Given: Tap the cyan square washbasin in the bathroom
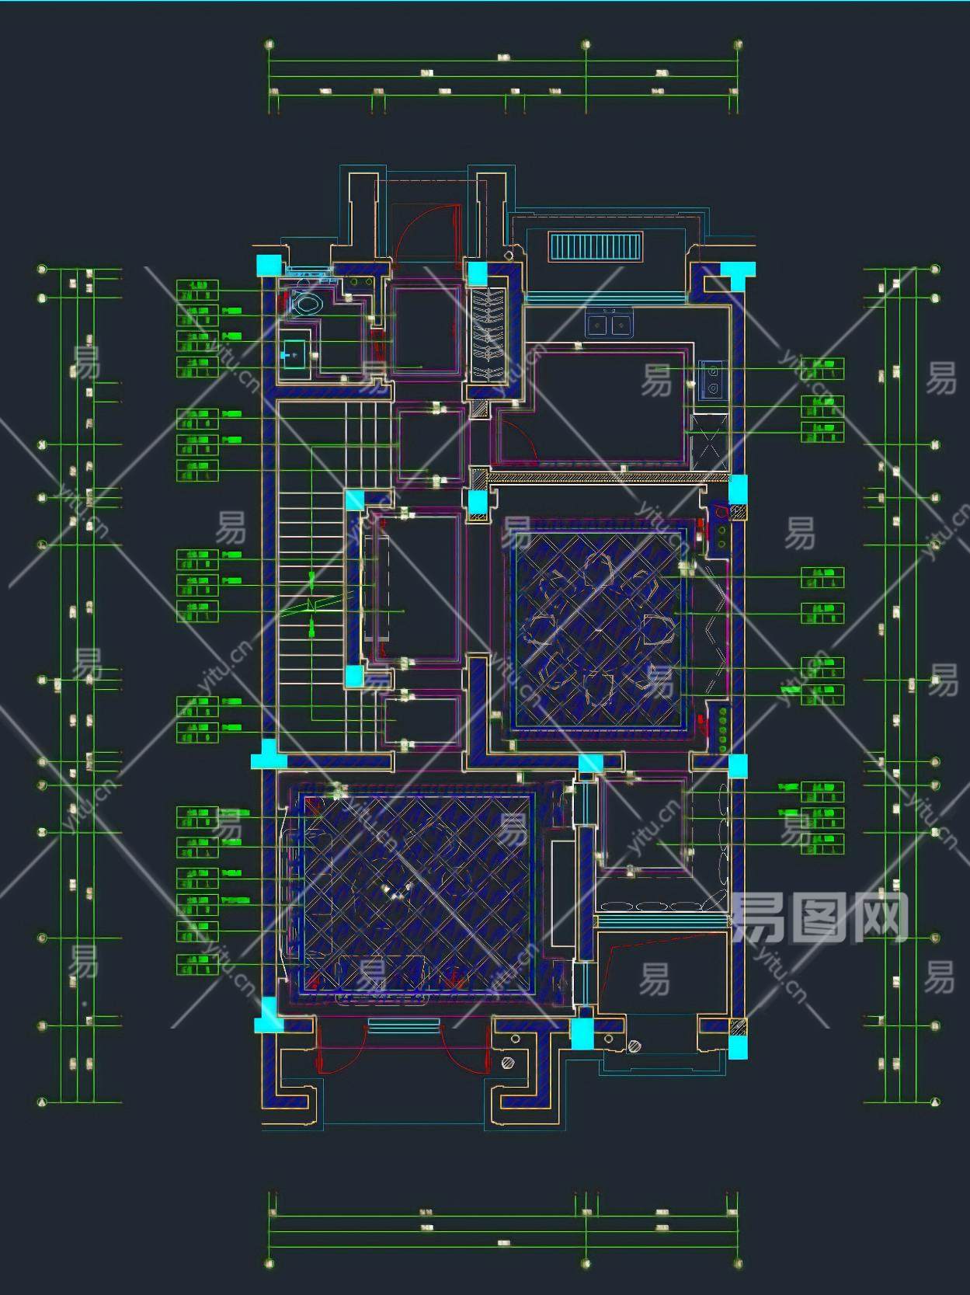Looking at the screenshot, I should (x=294, y=355).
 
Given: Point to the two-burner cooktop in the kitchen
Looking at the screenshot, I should (x=712, y=380).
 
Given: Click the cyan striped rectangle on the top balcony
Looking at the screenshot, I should (x=596, y=247).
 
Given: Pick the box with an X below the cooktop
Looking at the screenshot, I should (x=709, y=442).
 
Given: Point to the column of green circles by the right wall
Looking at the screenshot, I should (x=724, y=729).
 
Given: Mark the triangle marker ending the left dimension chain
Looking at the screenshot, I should (x=43, y=1101).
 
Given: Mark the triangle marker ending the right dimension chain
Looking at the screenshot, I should (x=935, y=1101).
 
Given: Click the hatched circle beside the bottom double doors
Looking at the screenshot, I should (x=509, y=1062).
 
